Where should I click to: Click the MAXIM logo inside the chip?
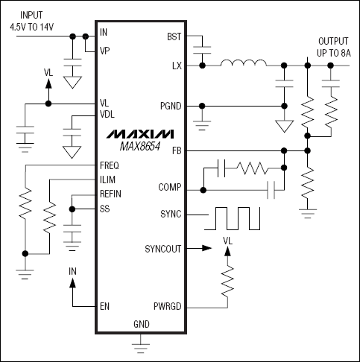tap(139, 134)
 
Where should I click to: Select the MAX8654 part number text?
tap(139, 147)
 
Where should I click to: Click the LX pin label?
tap(177, 66)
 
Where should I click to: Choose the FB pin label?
tap(177, 150)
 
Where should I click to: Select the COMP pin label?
tap(169, 187)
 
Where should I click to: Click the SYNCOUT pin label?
tap(163, 248)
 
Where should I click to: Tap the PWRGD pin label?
tap(167, 305)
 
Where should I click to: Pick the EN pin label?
tap(105, 305)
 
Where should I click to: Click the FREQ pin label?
tap(109, 165)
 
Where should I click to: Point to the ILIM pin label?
tap(107, 180)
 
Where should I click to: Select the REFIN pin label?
tap(110, 194)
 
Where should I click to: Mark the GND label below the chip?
tap(140, 324)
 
